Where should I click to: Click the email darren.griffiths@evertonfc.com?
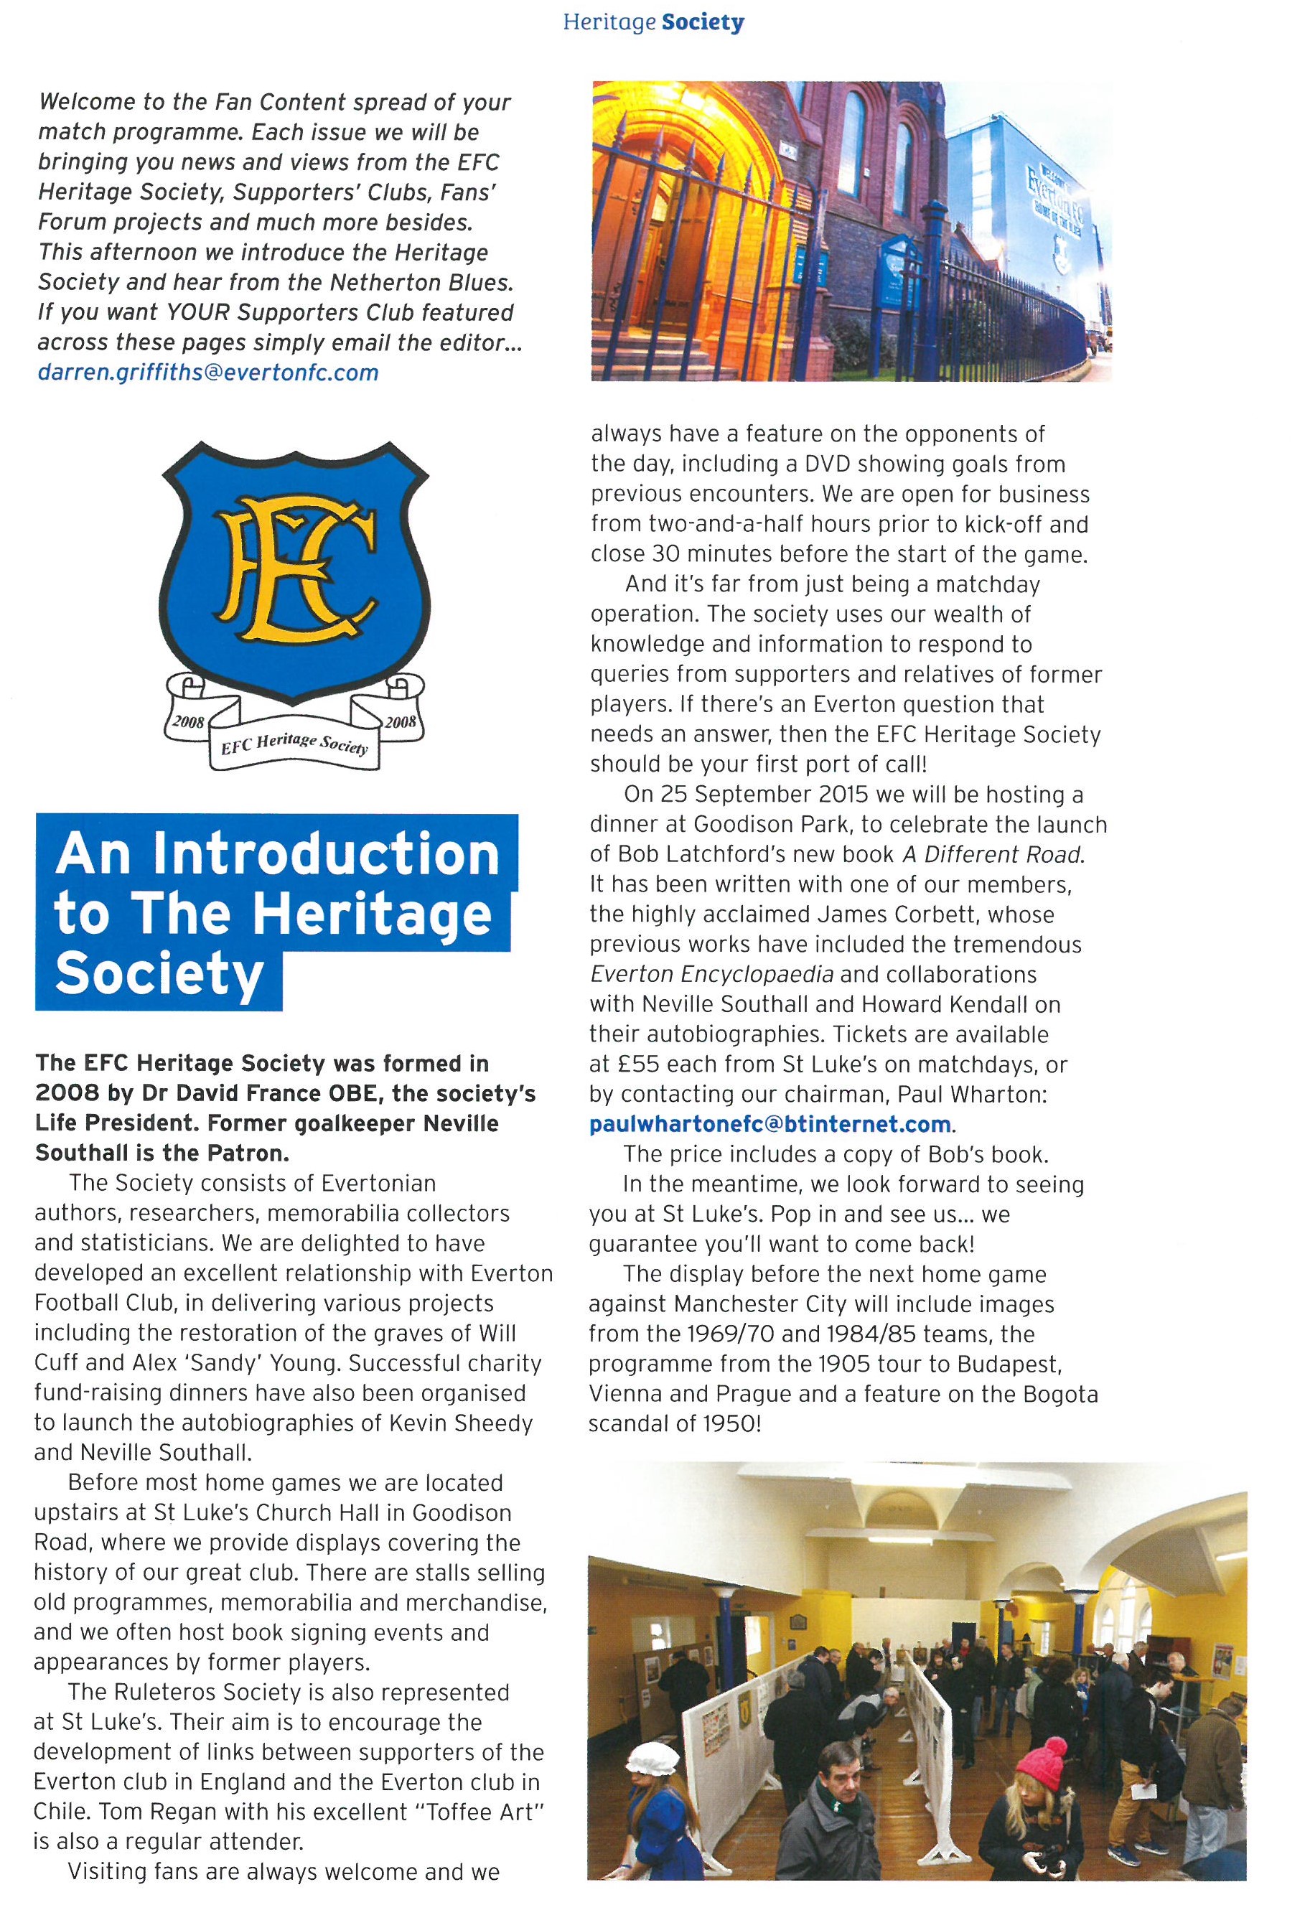tap(208, 373)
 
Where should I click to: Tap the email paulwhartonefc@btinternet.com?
tap(770, 1124)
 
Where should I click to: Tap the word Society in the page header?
tap(703, 22)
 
